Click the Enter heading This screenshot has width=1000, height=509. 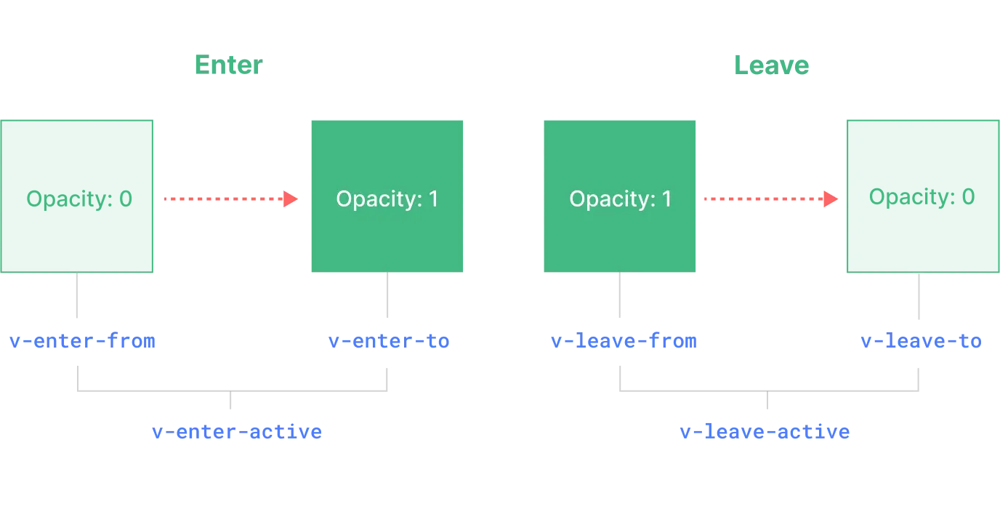230,65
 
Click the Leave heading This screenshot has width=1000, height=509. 771,65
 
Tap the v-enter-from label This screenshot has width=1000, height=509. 82,340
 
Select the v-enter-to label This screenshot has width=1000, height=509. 388,340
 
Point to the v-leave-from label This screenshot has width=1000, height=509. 624,340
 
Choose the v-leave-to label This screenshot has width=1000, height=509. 920,340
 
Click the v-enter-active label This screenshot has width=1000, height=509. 237,432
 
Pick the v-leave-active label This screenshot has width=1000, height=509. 765,433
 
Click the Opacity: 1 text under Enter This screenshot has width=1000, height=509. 387,199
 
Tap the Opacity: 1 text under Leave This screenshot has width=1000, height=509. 620,199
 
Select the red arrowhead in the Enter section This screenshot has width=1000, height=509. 291,198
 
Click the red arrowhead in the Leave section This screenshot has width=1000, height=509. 830,198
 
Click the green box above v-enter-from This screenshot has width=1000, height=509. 78,195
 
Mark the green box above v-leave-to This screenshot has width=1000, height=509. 922,195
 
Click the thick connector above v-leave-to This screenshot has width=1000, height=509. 919,296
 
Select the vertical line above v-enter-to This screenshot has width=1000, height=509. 387,296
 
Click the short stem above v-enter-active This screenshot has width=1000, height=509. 230,404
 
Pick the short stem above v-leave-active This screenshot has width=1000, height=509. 767,404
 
